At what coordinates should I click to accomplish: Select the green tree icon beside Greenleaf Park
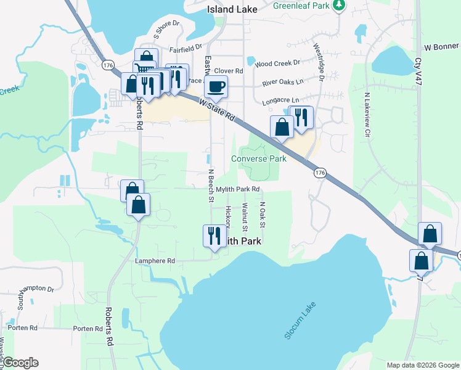(338, 6)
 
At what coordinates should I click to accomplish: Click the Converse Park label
(259, 158)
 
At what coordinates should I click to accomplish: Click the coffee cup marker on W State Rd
(216, 87)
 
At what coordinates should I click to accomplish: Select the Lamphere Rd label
(155, 261)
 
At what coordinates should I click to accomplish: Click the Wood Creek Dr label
(277, 63)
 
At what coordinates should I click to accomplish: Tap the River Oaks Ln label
(283, 81)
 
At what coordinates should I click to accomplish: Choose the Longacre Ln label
(280, 100)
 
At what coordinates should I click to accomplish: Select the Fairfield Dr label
(186, 47)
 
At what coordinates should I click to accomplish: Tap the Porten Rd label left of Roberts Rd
(88, 329)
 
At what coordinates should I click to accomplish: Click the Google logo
(20, 363)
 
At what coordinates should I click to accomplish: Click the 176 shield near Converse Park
(320, 174)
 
